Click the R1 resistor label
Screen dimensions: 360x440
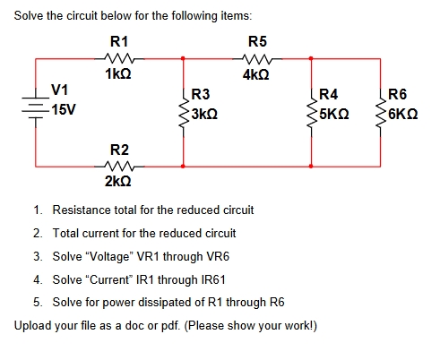point(118,41)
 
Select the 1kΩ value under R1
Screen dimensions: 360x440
point(118,74)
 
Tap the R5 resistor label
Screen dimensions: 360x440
point(257,41)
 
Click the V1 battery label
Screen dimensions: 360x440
point(61,90)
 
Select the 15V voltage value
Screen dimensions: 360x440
point(63,109)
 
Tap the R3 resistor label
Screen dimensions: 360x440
point(201,95)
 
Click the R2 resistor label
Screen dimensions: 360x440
point(118,148)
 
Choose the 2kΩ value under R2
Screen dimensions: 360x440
point(118,181)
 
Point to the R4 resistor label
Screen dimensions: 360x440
point(329,95)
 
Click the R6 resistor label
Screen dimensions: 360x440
point(397,95)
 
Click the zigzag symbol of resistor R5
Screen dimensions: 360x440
point(256,59)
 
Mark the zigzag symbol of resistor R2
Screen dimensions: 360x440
point(118,166)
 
